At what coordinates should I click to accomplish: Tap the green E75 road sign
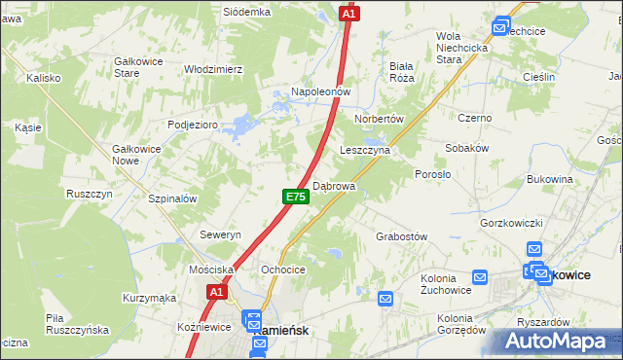297,197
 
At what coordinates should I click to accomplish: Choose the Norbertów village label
379,118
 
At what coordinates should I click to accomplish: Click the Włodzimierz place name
213,70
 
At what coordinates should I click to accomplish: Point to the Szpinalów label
172,198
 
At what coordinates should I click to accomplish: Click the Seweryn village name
219,235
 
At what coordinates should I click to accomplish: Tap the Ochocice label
283,270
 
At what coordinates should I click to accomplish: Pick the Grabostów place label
402,236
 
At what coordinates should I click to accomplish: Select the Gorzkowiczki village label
510,223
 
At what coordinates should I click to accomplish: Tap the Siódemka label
245,12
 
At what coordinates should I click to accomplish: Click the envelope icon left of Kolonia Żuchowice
385,299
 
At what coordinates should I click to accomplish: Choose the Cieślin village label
537,77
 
